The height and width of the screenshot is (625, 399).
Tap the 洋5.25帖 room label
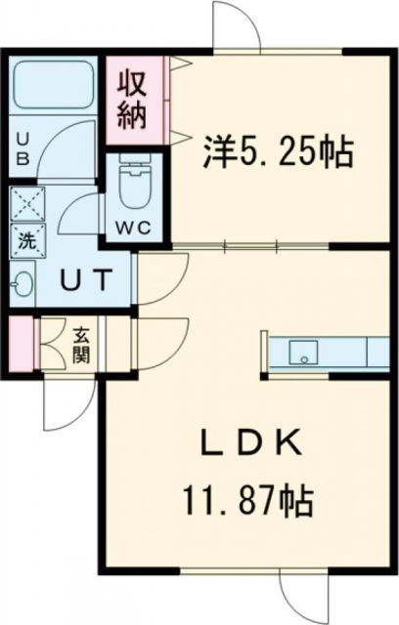[x=277, y=150]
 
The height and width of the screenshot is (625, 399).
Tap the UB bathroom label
[x=21, y=146]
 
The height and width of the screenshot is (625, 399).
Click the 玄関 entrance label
[x=79, y=343]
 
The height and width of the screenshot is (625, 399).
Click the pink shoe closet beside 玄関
[x=22, y=342]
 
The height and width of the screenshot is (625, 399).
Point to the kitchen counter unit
[x=328, y=351]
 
